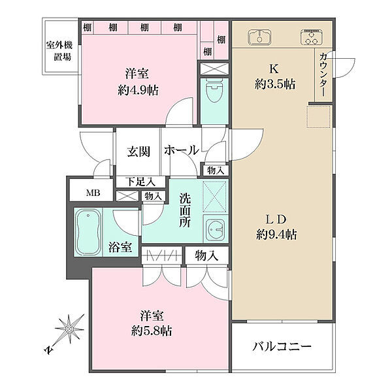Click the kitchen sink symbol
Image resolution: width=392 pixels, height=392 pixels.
coord(259,37)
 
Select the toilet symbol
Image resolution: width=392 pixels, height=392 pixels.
coord(214,91)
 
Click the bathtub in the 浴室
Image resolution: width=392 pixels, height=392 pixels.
coord(88,232)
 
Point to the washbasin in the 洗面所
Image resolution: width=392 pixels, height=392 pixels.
coord(216,229)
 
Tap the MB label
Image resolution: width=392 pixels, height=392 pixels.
coord(93,193)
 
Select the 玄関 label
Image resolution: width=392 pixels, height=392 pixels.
coord(139,152)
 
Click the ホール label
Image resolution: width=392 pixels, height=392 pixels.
coord(182,150)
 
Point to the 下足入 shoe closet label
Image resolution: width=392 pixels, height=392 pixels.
coord(140,182)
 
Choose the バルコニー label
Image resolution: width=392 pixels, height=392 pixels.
coord(282,346)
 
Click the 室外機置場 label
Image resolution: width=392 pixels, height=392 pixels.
coord(59,51)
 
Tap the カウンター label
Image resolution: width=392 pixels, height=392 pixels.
coord(323,74)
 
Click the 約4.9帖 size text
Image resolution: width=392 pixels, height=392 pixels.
coord(138,90)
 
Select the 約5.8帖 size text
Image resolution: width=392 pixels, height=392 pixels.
coord(152,331)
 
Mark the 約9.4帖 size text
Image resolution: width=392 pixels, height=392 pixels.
coord(277,235)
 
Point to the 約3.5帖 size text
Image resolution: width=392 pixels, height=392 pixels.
coord(275,84)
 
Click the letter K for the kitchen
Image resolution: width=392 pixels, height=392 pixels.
coord(274,69)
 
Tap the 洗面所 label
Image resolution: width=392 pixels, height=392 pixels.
coord(185,210)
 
